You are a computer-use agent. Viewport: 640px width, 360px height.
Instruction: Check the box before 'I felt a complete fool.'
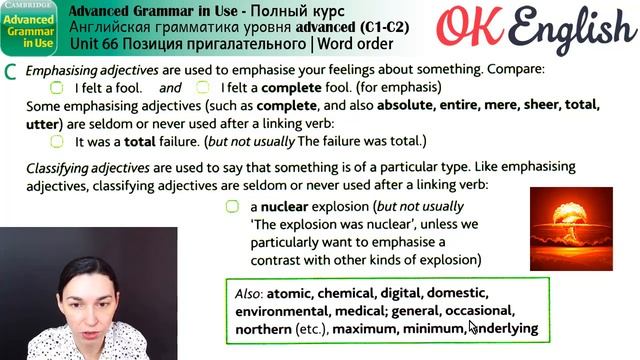click(x=203, y=87)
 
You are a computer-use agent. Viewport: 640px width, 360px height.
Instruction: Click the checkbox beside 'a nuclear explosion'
click(x=232, y=206)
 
